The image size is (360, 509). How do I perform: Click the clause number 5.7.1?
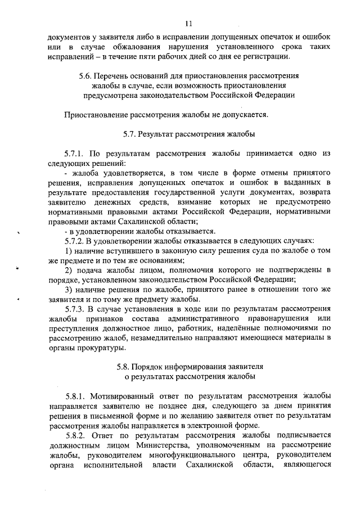[75, 153]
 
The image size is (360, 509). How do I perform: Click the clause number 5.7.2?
[75, 240]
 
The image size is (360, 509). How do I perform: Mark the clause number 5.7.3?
[75, 308]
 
